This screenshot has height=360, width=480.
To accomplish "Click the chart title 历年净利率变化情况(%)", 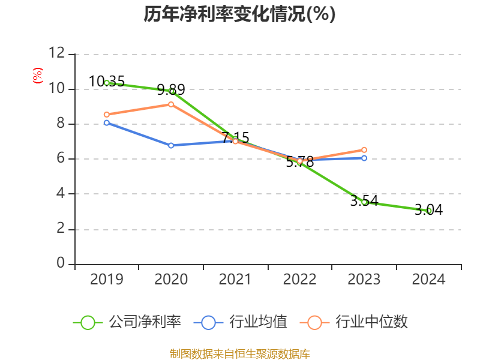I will [239, 14].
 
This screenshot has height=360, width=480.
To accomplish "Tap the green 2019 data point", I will [107, 83].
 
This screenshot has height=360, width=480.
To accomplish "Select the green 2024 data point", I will [429, 211].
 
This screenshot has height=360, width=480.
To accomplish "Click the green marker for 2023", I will [364, 202].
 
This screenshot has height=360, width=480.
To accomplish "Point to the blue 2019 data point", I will [107, 123].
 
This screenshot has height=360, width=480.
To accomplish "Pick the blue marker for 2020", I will [171, 145].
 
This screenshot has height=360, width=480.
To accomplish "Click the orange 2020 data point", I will [171, 104].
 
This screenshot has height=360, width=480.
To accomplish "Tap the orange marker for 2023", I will [364, 150].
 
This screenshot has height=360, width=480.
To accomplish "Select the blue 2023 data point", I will [364, 158].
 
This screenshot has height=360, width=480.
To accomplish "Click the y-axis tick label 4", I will [60, 194].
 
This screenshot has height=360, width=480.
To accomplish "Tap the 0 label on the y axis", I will [60, 264].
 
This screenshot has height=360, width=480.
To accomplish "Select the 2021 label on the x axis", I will [235, 280].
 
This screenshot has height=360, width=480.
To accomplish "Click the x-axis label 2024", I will [428, 280].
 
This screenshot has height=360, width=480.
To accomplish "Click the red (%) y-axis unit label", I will [38, 76].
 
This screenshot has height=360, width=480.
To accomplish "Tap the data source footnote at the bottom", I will [239, 353].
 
